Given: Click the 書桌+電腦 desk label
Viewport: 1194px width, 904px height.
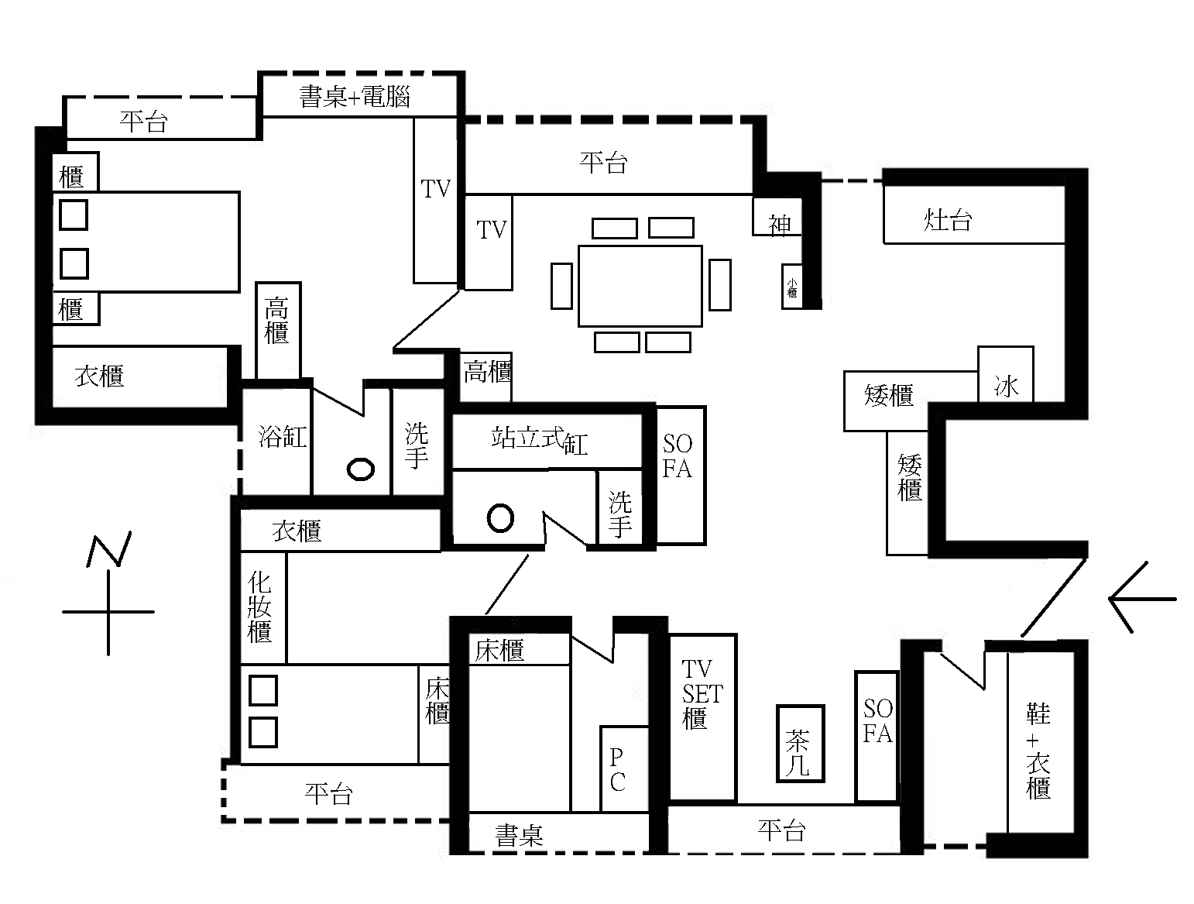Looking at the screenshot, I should pyautogui.click(x=354, y=97).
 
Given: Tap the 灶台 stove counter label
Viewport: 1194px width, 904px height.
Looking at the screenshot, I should pyautogui.click(x=948, y=220).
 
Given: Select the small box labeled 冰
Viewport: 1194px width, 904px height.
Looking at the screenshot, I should pyautogui.click(x=1006, y=385).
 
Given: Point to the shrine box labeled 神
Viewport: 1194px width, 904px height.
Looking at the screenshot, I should pyautogui.click(x=778, y=225).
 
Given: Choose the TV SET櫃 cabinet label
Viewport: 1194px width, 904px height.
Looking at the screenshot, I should pyautogui.click(x=702, y=694).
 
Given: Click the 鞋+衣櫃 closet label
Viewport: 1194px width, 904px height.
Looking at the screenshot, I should pyautogui.click(x=1038, y=750).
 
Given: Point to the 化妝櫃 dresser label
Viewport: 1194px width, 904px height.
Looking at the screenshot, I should pyautogui.click(x=261, y=607).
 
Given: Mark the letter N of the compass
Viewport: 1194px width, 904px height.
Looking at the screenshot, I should pyautogui.click(x=108, y=548).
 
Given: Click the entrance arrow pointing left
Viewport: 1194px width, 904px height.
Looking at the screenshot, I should pyautogui.click(x=1141, y=598).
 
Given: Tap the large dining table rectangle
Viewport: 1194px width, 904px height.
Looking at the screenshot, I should pyautogui.click(x=640, y=286).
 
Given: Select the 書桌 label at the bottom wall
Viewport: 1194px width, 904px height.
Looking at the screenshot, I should pyautogui.click(x=519, y=835).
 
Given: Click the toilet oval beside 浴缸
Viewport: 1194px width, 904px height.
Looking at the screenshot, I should pyautogui.click(x=360, y=469).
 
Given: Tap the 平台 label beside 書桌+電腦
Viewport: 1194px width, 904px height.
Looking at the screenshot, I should pyautogui.click(x=144, y=121).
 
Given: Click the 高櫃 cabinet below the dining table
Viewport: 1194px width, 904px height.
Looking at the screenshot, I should pyautogui.click(x=486, y=373).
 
